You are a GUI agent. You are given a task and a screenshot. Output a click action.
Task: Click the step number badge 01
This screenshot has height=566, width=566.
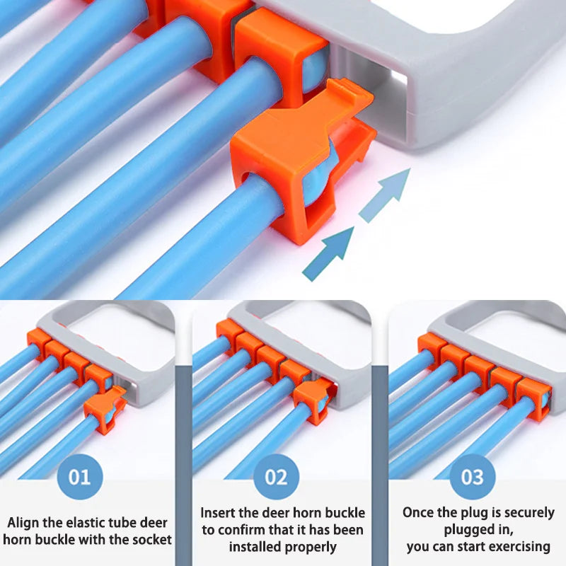coord(80,476)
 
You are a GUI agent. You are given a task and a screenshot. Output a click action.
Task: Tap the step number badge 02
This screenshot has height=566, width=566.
coord(277,476)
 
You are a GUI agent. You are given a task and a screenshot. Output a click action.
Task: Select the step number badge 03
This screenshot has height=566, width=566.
coord(473,476)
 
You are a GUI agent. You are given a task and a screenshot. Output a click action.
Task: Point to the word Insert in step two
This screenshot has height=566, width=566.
coord(219,512)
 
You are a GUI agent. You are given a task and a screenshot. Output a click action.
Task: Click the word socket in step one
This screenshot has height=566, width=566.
coord(152,540)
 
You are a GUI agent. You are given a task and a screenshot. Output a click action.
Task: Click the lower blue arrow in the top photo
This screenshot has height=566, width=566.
coord(328,252)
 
